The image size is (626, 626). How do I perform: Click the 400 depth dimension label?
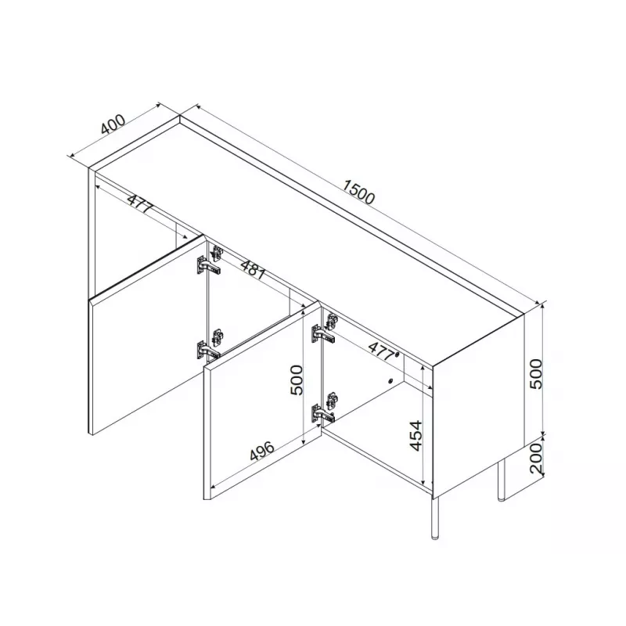tap(113, 124)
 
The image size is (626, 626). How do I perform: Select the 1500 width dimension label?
tap(359, 192)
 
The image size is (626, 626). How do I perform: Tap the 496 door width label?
tap(262, 451)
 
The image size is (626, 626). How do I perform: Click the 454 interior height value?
tap(416, 435)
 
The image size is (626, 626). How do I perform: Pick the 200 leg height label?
tap(536, 458)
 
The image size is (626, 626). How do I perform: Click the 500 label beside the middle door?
tap(297, 380)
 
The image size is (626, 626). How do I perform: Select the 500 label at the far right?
tap(536, 374)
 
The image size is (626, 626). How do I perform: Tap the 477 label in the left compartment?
tap(140, 204)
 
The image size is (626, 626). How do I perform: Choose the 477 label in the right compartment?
tap(383, 351)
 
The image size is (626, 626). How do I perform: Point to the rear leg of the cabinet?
tap(501, 480)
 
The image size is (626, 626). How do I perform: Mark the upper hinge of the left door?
tap(210, 261)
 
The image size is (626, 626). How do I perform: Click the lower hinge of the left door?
tap(209, 346)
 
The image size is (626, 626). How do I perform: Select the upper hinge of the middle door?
tap(324, 329)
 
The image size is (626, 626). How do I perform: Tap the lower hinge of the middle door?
tap(324, 408)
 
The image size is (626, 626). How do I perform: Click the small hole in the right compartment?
tap(390, 380)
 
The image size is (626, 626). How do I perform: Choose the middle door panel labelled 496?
tap(263, 401)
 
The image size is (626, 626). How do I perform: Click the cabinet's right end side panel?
tap(478, 405)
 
